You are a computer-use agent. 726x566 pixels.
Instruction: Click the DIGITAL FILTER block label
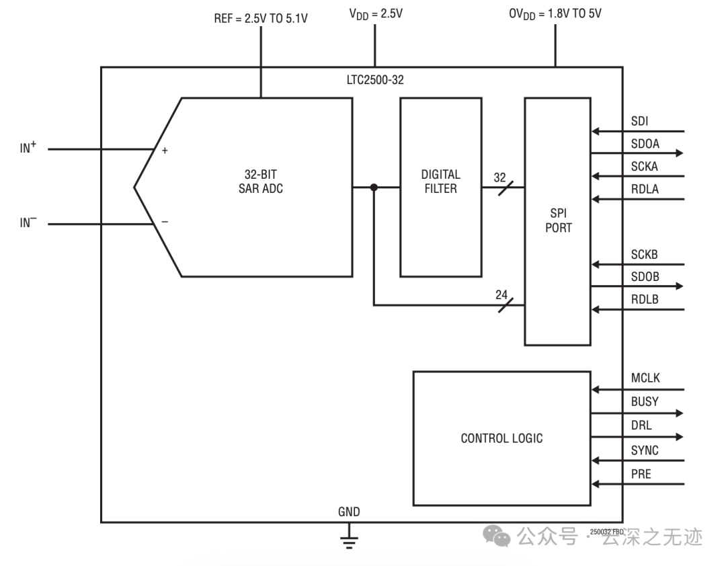(x=440, y=181)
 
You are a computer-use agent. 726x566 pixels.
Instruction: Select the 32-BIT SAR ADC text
(x=261, y=181)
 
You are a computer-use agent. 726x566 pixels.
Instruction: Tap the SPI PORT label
(x=559, y=220)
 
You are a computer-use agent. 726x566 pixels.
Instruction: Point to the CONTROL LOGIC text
(x=501, y=438)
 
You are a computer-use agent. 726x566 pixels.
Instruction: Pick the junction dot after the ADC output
(x=374, y=187)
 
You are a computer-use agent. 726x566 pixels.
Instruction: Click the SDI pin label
(x=639, y=121)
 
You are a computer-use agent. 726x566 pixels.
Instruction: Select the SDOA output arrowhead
(x=680, y=153)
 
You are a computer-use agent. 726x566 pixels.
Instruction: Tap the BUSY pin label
(x=645, y=401)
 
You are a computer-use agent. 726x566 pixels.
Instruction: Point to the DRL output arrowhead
(x=680, y=437)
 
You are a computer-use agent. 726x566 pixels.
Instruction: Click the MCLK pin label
(x=645, y=378)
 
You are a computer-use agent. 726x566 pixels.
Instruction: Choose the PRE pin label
(x=641, y=474)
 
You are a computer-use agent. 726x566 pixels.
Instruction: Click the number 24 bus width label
(x=501, y=294)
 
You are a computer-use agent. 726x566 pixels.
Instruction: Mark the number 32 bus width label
(x=500, y=177)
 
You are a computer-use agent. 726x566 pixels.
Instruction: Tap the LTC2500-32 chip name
(x=375, y=80)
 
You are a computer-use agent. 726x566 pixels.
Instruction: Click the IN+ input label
(x=28, y=147)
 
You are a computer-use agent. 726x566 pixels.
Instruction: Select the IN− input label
(x=28, y=223)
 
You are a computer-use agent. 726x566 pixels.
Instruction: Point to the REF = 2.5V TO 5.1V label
(x=261, y=19)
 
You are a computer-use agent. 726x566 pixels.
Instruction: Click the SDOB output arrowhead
(x=680, y=286)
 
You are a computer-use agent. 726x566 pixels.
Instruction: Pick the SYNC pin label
(x=645, y=450)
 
